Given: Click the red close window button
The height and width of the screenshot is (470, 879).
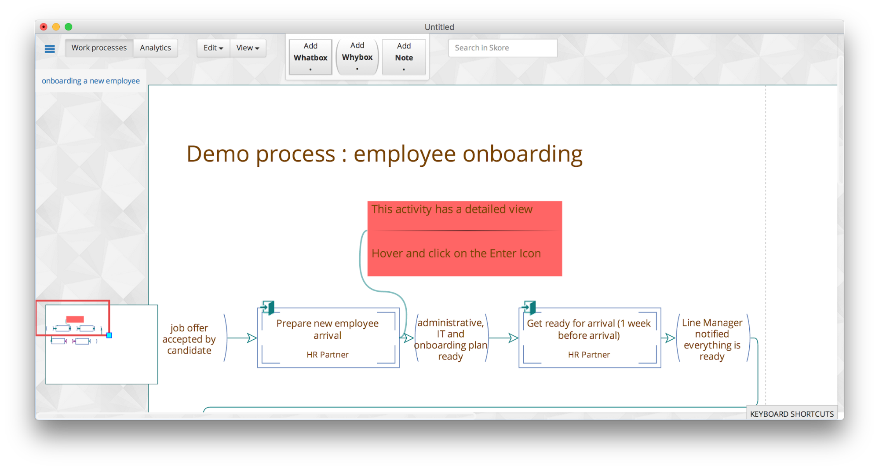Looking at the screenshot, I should coord(44,27).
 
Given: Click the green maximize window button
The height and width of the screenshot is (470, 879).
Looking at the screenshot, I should coord(69,27).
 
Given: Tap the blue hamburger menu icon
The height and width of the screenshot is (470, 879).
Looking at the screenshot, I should coord(50,49).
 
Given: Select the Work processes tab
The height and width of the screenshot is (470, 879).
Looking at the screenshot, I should coord(99,48).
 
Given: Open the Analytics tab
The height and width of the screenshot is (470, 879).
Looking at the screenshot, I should coord(155,48).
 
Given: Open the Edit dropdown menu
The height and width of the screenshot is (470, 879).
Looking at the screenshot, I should coord(213,48).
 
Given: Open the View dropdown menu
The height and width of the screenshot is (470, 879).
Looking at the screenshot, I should coord(248,48).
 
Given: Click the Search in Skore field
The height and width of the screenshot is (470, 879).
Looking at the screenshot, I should coord(503,48).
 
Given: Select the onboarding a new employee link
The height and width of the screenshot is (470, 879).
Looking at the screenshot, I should coord(91,81).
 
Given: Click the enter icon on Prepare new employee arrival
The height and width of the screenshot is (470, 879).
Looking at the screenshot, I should coord(267,307).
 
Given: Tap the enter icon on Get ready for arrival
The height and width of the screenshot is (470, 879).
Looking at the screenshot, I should coord(529,307).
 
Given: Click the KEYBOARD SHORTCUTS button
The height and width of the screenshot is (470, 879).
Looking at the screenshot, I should coord(791,414).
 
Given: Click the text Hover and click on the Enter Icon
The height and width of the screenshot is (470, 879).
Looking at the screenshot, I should coord(456,254).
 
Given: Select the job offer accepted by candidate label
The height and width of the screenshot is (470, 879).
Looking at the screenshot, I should coord(189,339).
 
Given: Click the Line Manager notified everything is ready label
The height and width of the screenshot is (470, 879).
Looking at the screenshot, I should coord(712,339).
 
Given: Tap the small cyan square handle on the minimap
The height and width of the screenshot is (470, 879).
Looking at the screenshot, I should coord(109,335).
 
